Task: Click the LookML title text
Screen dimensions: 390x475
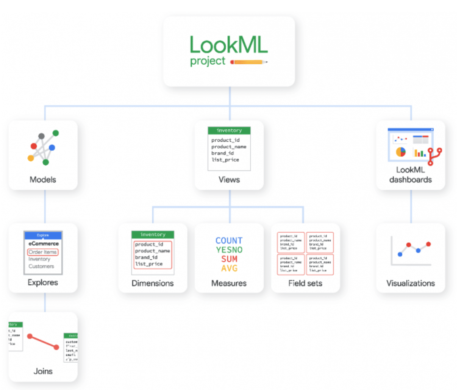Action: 228,45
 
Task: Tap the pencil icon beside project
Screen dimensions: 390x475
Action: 248,62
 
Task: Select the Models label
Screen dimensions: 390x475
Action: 43,179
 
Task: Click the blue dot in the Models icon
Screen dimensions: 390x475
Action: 52,147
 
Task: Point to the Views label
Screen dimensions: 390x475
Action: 229,179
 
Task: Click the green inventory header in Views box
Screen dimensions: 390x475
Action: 229,131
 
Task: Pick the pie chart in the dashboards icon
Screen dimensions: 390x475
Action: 400,152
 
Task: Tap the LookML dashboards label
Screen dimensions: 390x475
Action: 410,175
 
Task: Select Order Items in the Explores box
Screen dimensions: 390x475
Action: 42,252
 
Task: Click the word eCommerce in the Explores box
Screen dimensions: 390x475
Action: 44,243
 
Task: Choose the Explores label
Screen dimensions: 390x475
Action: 43,282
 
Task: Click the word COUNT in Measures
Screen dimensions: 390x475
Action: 229,240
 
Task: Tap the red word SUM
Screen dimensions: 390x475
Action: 229,259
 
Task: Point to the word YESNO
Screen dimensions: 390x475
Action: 229,250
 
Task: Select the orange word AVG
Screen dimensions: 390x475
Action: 229,268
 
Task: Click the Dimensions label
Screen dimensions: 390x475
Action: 153,283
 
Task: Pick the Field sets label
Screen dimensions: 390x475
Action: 305,283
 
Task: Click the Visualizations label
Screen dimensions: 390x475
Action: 411,283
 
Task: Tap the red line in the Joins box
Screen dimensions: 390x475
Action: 43,342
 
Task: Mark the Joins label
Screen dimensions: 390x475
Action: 43,371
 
